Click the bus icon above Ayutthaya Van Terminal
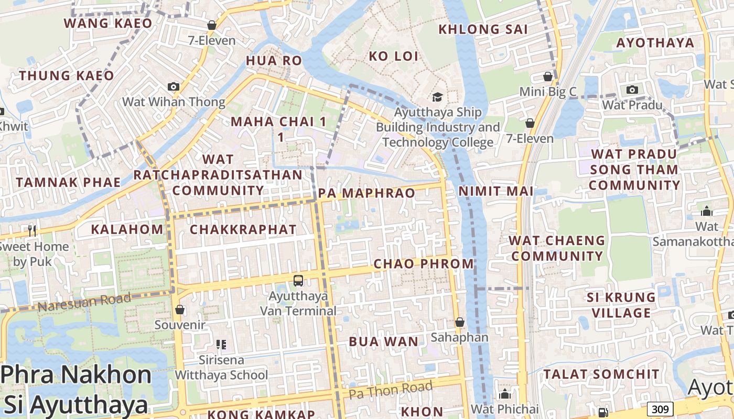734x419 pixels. pyautogui.click(x=298, y=281)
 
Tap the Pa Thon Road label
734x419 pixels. pyautogui.click(x=391, y=390)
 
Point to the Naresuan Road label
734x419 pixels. pyautogui.click(x=84, y=302)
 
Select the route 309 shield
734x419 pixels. pyautogui.click(x=660, y=409)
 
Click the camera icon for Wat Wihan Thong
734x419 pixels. pyautogui.click(x=174, y=87)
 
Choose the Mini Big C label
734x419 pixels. pyautogui.click(x=548, y=92)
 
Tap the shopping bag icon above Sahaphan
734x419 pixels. pyautogui.click(x=460, y=322)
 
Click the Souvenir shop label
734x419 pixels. pyautogui.click(x=180, y=325)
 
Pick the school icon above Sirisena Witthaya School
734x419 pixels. pyautogui.click(x=221, y=345)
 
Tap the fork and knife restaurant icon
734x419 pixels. pyautogui.click(x=32, y=230)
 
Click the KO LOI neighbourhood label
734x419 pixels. pyautogui.click(x=394, y=56)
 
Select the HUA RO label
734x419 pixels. pyautogui.click(x=274, y=61)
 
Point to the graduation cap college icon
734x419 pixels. pyautogui.click(x=437, y=97)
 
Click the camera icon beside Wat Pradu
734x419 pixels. pyautogui.click(x=632, y=90)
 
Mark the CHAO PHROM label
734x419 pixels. pyautogui.click(x=424, y=263)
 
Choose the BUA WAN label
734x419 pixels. pyautogui.click(x=384, y=342)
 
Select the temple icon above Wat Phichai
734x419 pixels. pyautogui.click(x=505, y=394)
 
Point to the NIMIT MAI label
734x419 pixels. pyautogui.click(x=496, y=191)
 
